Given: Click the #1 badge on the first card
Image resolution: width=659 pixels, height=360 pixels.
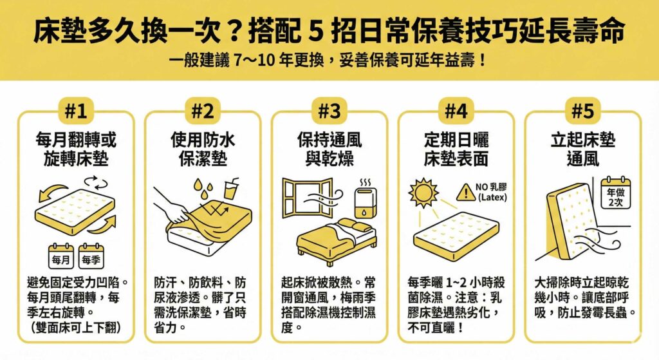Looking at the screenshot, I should coord(76,111).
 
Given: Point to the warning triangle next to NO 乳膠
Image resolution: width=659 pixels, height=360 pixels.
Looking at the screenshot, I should coord(464,191).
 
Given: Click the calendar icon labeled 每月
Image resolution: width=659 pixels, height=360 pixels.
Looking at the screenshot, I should coord(61,256).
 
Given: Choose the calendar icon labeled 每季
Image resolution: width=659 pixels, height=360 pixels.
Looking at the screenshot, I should coord(91,256).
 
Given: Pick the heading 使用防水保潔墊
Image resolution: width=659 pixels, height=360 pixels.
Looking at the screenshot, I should coord(202,149).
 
